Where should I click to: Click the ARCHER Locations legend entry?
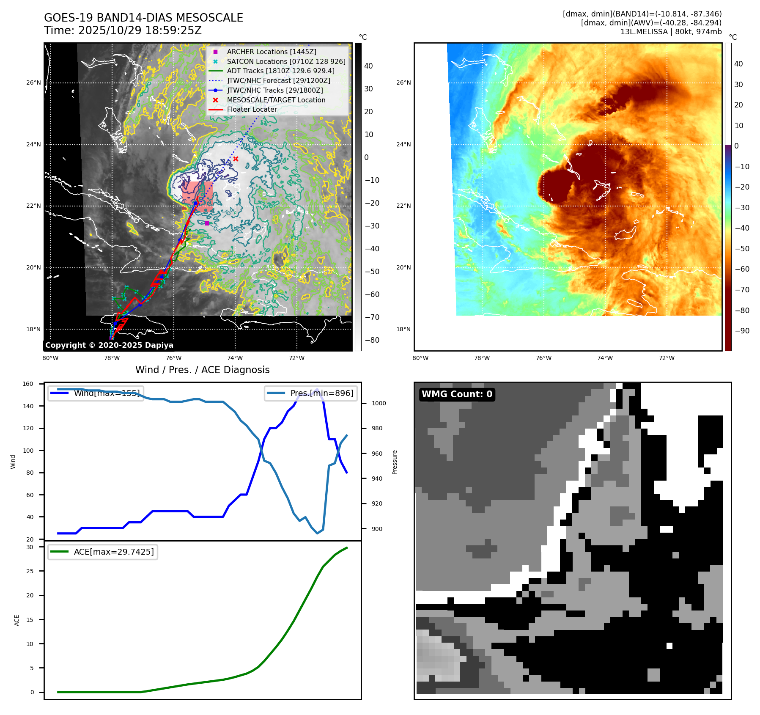point(271,52)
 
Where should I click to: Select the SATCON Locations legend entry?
point(286,61)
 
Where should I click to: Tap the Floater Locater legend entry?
point(252,109)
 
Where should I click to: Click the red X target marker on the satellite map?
point(236,159)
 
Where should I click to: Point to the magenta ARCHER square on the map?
point(207,223)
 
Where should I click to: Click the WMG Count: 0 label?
point(457,394)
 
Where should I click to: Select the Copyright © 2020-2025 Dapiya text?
point(109,345)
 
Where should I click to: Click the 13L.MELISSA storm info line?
point(671,32)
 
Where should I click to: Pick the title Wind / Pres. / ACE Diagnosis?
point(202,370)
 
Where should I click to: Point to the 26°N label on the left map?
point(33,82)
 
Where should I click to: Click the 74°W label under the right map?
point(605,358)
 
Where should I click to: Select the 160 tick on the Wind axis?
point(28,384)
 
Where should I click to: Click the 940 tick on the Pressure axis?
point(377,478)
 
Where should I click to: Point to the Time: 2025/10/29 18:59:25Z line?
point(123,30)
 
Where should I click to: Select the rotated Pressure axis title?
point(395,462)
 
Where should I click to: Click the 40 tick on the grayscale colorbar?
point(368,66)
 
